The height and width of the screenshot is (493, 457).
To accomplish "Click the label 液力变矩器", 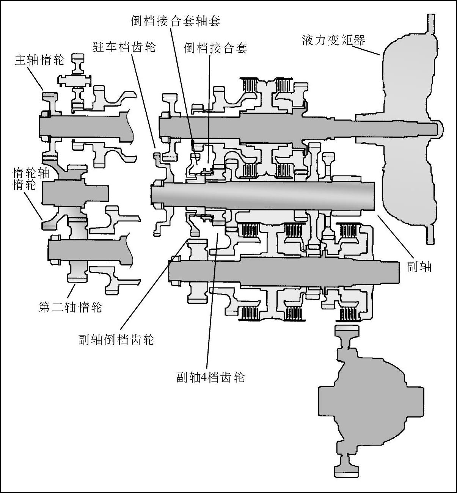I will pos(333,40).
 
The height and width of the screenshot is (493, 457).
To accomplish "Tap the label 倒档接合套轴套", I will pos(175,20).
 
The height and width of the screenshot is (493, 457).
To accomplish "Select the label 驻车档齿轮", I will pos(124,47).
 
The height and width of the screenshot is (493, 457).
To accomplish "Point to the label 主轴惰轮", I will pos(39,60).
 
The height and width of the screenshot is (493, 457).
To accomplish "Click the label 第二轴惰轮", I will pos(71,306).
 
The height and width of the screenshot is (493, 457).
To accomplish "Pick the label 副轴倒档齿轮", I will pos(116,339).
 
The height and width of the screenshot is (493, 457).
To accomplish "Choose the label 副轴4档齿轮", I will pos(210,377).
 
